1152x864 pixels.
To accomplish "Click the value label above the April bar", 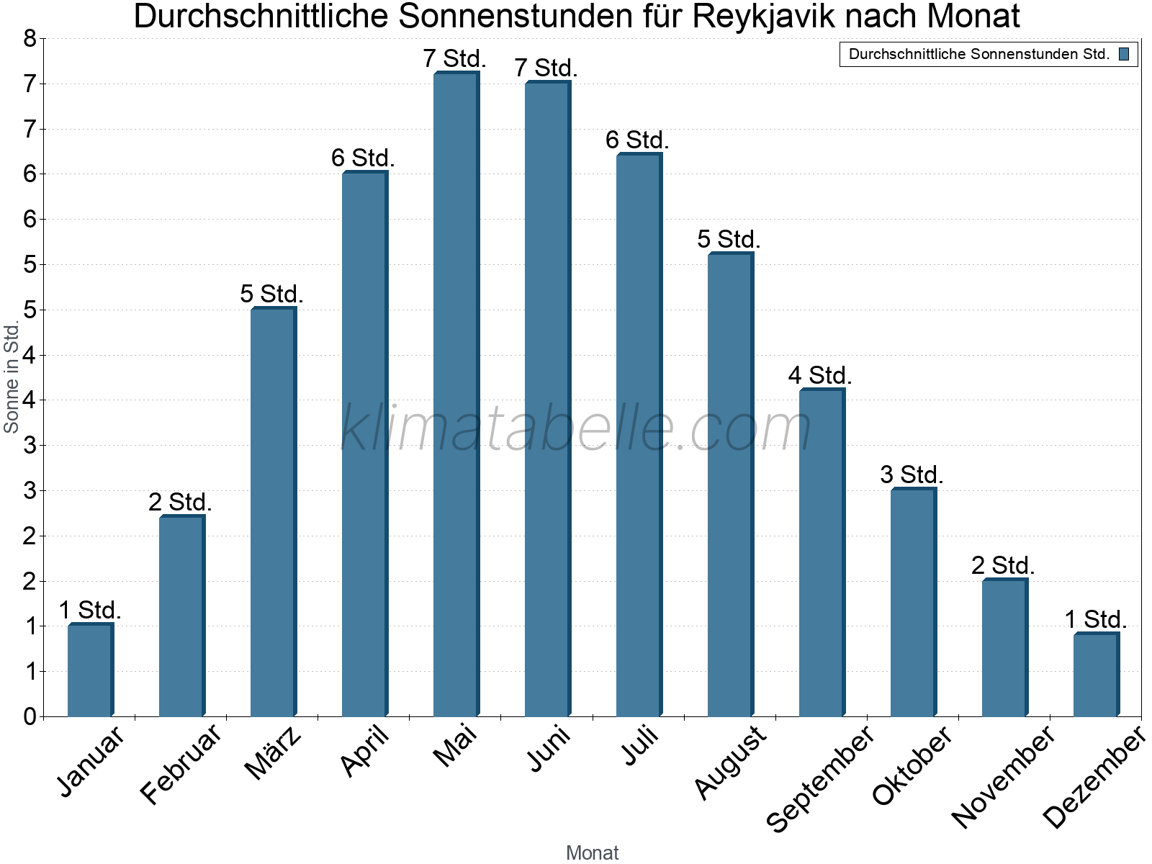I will (363, 158).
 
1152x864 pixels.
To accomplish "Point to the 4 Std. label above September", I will (820, 375).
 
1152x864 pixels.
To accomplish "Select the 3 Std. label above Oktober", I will (912, 474).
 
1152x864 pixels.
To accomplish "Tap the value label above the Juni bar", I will (546, 68).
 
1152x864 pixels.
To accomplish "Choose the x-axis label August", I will (731, 762).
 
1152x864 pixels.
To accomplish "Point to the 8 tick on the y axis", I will (30, 39).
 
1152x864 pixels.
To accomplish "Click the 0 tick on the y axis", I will (30, 716).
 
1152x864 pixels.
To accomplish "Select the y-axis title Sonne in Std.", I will (12, 377).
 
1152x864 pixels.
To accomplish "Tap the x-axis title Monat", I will (592, 852).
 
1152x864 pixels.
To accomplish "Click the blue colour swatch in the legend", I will (1124, 54).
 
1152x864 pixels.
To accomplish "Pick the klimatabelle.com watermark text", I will (576, 428).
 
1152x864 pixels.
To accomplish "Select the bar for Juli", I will (639, 436).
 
